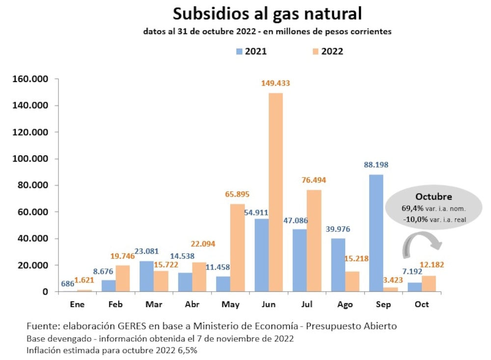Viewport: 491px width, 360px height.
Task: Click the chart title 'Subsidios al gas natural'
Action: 267,14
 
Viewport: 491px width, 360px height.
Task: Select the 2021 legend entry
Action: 251,51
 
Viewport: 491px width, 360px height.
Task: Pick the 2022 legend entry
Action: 327,51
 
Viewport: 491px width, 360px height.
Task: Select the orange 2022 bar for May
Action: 237,248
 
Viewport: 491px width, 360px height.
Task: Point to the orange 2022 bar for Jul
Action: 314,241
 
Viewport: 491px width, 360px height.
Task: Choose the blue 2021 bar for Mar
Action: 147,276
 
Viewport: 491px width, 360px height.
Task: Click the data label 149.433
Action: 275,83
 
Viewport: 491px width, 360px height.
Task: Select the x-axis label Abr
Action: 192,305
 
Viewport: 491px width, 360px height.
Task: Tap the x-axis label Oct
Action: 421,305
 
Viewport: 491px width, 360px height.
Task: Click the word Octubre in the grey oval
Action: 434,196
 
